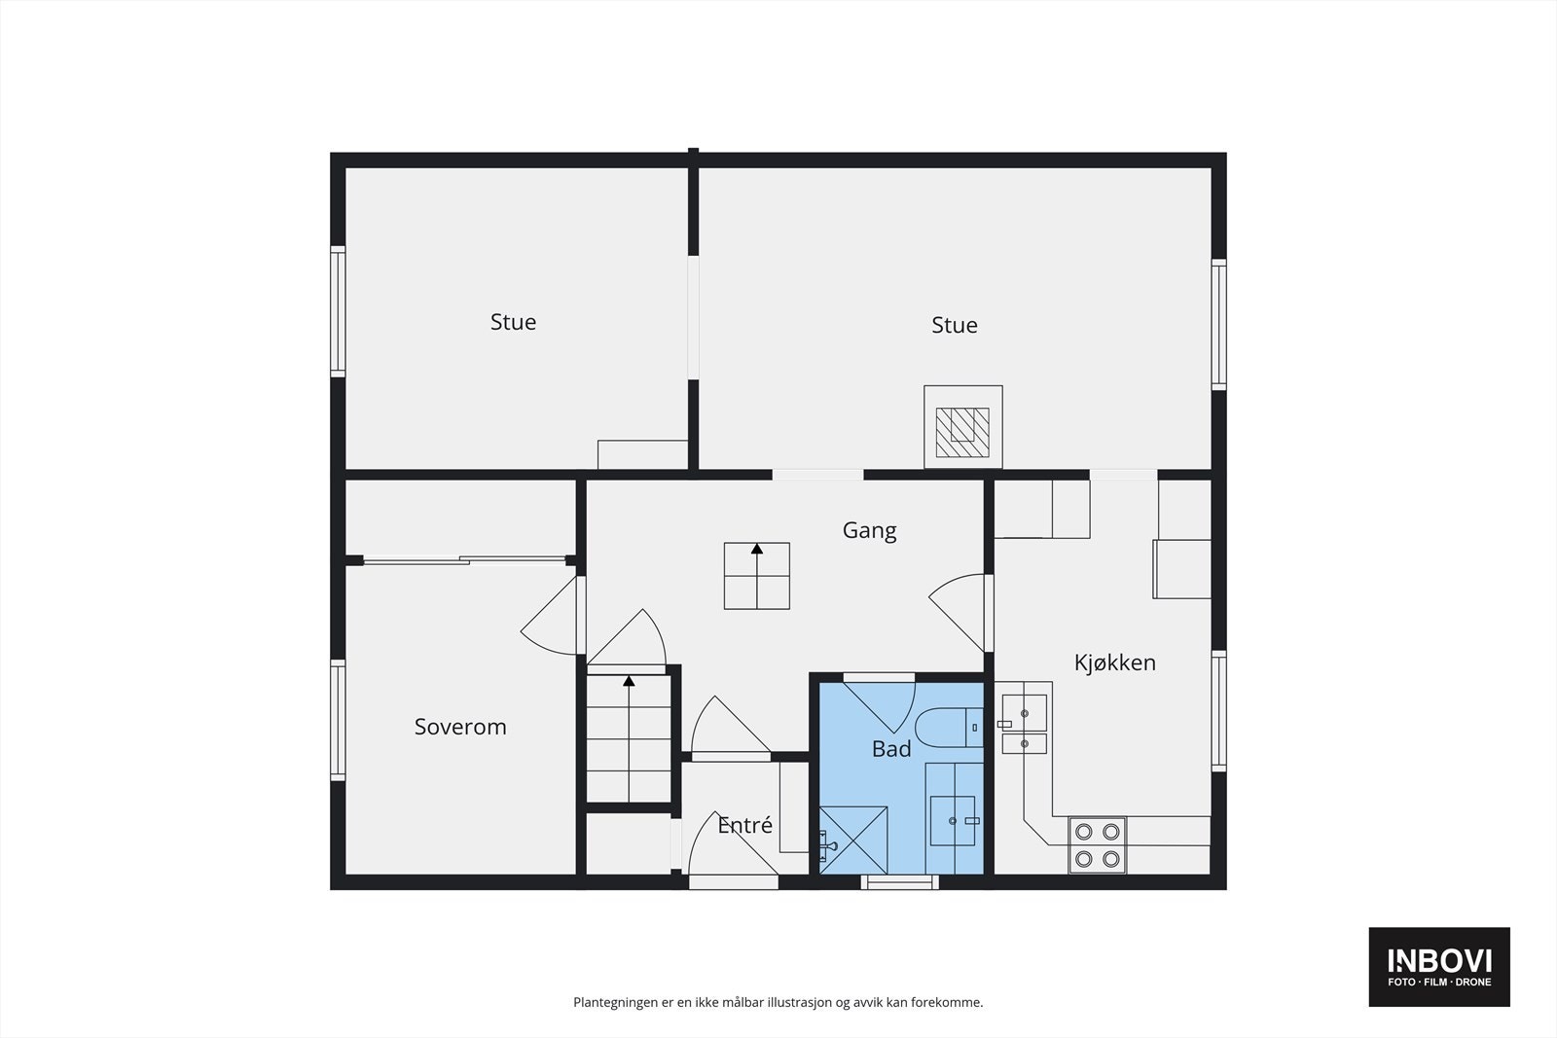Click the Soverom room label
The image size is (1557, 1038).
(460, 727)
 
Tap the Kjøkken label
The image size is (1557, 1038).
(1114, 662)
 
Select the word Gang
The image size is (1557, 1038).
(869, 530)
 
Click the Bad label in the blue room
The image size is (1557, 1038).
(891, 749)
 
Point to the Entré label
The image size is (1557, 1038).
(744, 826)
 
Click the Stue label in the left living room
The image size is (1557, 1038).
(513, 322)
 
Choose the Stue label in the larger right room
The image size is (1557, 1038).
(954, 325)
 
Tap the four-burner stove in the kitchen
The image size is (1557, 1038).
(1098, 844)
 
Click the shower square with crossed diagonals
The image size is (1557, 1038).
(853, 840)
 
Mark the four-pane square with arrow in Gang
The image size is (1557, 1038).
(756, 576)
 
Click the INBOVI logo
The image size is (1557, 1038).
(1439, 966)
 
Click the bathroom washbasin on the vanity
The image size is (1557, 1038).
(953, 821)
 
